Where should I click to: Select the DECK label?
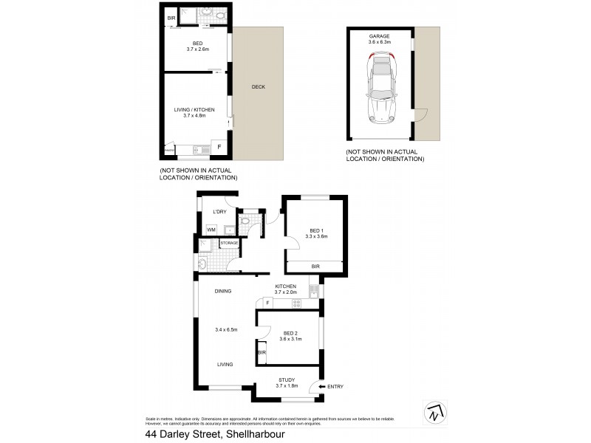[x=258, y=87]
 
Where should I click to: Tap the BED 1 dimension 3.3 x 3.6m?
[x=315, y=236]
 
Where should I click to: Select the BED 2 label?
[x=290, y=333]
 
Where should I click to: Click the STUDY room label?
[x=286, y=380]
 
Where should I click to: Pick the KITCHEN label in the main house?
[x=285, y=286]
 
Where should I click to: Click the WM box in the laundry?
[x=211, y=230]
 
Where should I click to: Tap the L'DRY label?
[x=219, y=213]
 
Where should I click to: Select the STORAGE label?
[x=229, y=243]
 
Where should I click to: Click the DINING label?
[x=223, y=292]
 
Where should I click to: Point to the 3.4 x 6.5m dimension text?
[x=226, y=329]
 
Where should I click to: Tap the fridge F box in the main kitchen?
[x=267, y=303]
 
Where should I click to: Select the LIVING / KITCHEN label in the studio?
[x=194, y=109]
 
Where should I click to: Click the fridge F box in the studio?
[x=219, y=147]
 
